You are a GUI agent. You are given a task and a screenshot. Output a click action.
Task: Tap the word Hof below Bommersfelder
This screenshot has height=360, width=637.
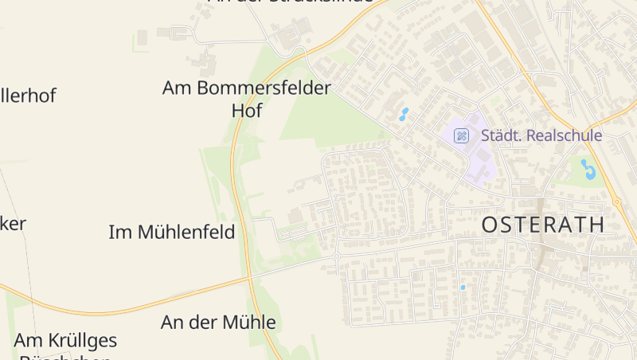246,111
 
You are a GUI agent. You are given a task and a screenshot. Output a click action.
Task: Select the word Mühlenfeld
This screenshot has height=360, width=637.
186,232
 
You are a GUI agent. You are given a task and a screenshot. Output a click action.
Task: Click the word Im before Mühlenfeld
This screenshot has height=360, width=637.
120,232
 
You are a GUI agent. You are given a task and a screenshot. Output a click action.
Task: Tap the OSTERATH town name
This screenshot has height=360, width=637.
543,225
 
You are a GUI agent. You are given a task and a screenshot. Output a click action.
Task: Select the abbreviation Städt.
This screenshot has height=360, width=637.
501,135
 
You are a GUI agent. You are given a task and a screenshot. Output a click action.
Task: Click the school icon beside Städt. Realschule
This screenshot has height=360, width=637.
461,135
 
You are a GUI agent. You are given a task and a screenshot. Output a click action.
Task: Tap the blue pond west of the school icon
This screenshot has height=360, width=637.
404,115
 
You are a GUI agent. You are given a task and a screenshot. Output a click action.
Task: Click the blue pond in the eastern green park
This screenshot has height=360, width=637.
588,169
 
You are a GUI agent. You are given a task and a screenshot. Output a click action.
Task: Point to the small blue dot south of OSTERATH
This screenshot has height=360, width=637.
463,287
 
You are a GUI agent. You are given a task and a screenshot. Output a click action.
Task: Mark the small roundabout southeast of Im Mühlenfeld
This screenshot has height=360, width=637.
337,256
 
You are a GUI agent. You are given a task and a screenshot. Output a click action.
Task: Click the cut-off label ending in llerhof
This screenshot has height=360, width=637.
28,96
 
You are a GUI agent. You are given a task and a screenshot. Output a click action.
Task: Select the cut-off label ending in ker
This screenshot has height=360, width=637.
13,224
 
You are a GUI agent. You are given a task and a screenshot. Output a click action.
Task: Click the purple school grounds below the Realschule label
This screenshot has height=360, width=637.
482,163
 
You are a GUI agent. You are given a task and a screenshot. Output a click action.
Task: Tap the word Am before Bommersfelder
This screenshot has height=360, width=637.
176,88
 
